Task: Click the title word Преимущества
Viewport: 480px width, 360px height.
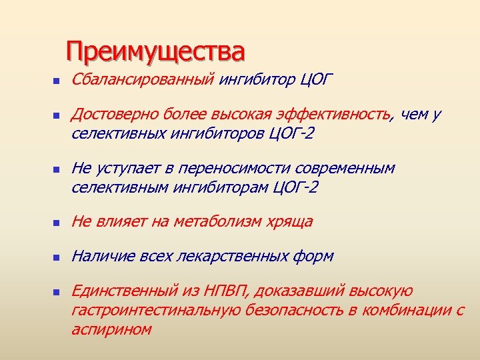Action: (155, 51)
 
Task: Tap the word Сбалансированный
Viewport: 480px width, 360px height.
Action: (141, 81)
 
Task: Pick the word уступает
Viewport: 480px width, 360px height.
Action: (123, 169)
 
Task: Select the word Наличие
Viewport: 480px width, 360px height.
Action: (99, 256)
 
